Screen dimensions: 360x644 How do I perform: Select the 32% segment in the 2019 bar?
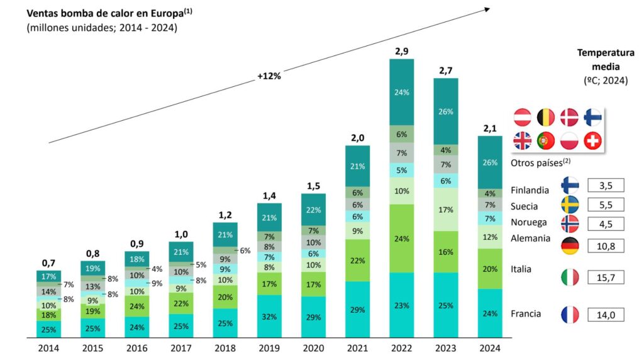(269, 317)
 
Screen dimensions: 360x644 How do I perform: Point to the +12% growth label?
(269, 76)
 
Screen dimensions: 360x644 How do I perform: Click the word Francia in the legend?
(526, 313)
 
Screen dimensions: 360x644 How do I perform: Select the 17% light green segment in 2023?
(445, 208)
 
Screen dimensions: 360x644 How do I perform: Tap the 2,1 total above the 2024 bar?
(490, 128)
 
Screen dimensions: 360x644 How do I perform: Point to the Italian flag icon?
(570, 277)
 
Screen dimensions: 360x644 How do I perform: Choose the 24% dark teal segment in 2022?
(401, 92)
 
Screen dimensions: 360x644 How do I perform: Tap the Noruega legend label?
(528, 222)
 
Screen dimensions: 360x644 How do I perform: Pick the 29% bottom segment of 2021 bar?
(357, 310)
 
